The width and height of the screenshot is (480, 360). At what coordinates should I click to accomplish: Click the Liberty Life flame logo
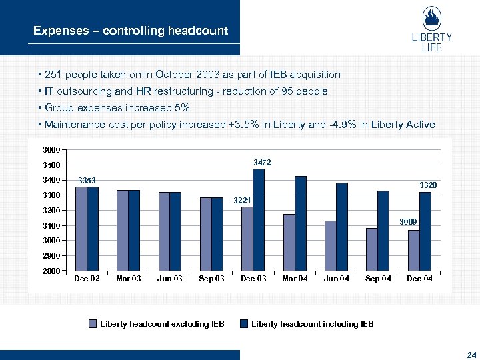tap(431, 19)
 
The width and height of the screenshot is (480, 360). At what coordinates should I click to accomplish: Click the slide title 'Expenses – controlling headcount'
tap(131, 31)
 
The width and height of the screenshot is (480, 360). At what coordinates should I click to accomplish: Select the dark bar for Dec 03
tap(259, 220)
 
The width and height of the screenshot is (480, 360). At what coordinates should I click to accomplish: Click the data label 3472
tap(261, 162)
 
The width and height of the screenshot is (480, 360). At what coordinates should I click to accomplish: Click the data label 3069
tap(408, 222)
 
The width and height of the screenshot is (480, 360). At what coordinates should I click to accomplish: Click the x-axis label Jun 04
tap(337, 279)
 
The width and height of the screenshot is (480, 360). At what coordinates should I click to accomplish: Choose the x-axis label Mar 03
tap(128, 279)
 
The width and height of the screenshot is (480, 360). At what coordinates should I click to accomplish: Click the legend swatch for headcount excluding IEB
tap(94, 324)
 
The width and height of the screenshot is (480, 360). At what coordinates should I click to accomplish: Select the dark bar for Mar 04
tap(300, 223)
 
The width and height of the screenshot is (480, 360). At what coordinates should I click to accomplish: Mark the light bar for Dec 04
tap(414, 251)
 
